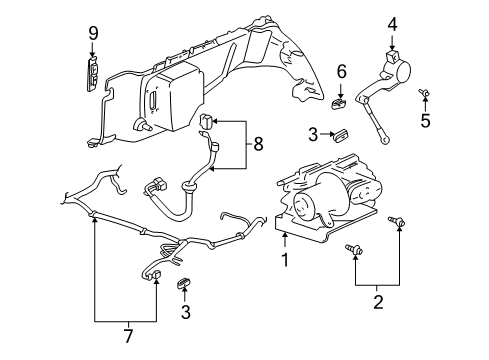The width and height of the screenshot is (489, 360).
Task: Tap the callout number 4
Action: [392, 22]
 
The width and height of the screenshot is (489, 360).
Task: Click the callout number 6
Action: [341, 72]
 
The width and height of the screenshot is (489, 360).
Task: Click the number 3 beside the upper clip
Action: [313, 133]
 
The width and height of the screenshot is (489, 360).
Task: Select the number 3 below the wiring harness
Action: [185, 313]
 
